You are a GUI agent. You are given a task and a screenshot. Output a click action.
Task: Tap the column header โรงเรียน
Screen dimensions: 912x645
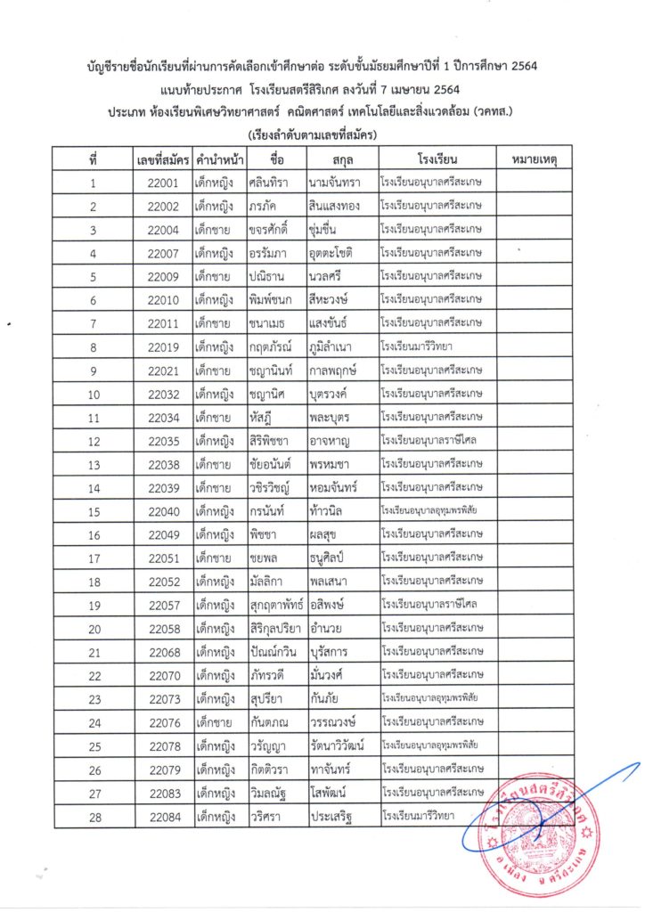coord(436,160)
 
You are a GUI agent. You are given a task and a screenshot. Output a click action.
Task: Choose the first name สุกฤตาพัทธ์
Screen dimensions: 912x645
coord(276,604)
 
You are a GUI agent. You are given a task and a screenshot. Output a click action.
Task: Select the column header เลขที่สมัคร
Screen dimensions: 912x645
coord(164,160)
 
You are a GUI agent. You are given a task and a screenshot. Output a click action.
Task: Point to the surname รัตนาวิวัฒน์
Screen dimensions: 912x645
coord(342,745)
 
